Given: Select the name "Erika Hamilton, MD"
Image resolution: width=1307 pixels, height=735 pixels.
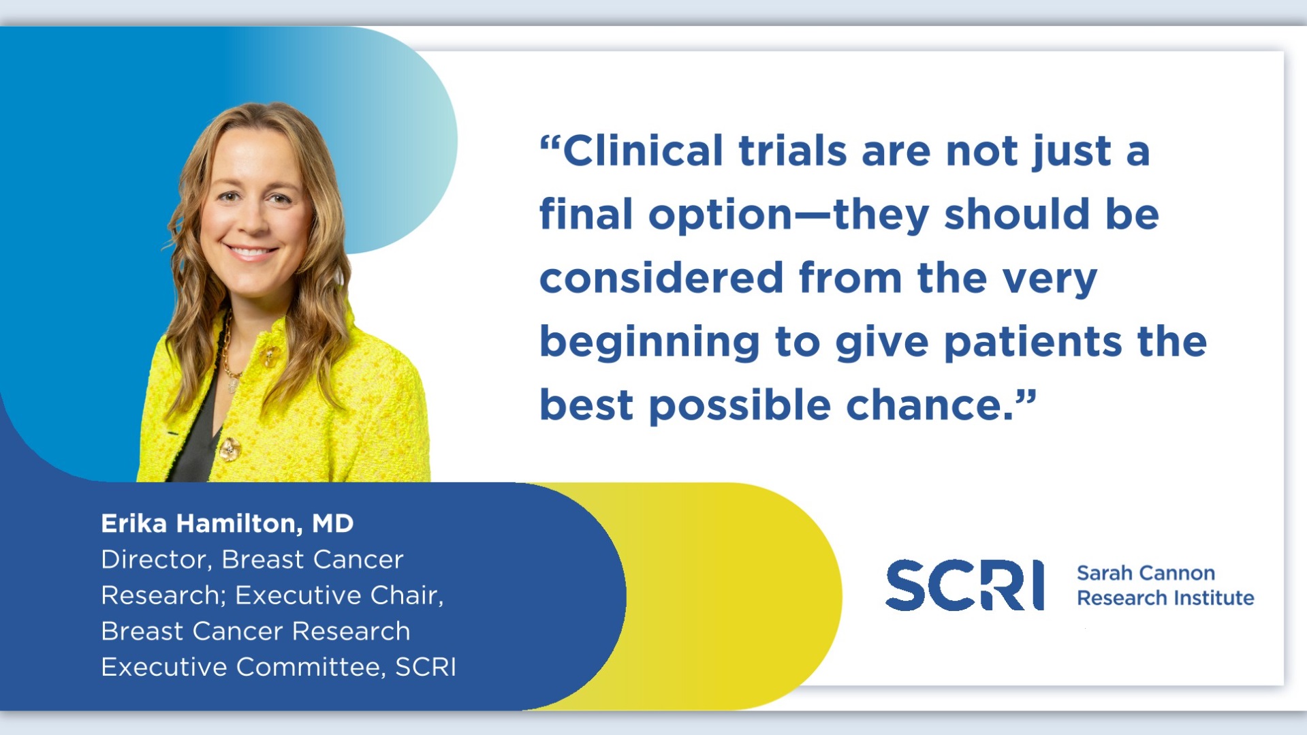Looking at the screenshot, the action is click(227, 524).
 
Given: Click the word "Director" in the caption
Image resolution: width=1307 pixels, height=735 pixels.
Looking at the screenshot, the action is click(153, 560).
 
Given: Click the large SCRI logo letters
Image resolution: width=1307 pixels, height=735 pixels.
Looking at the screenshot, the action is click(964, 585).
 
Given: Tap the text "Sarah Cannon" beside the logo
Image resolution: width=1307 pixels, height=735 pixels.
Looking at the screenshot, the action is click(1146, 573).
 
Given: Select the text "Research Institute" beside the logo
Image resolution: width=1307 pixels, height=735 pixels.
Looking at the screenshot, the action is click(1165, 597).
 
